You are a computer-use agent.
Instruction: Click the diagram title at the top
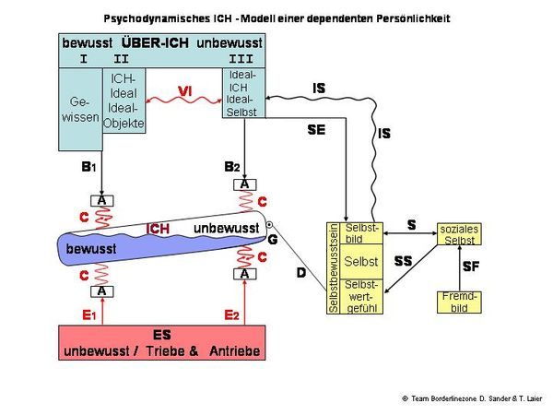click(x=276, y=18)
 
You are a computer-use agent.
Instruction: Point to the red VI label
click(x=185, y=89)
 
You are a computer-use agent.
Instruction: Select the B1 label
click(x=88, y=168)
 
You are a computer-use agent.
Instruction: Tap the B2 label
click(x=232, y=167)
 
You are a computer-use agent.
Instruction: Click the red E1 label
click(x=88, y=315)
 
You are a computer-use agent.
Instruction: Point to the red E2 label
click(x=231, y=315)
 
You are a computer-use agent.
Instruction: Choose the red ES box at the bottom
click(x=161, y=342)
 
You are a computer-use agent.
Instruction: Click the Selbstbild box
click(x=360, y=232)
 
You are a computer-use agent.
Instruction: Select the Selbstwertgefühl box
click(x=360, y=296)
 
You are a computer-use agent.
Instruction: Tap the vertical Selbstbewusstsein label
click(x=334, y=268)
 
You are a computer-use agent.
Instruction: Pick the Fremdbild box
click(x=459, y=302)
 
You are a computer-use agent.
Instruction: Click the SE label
click(x=316, y=131)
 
